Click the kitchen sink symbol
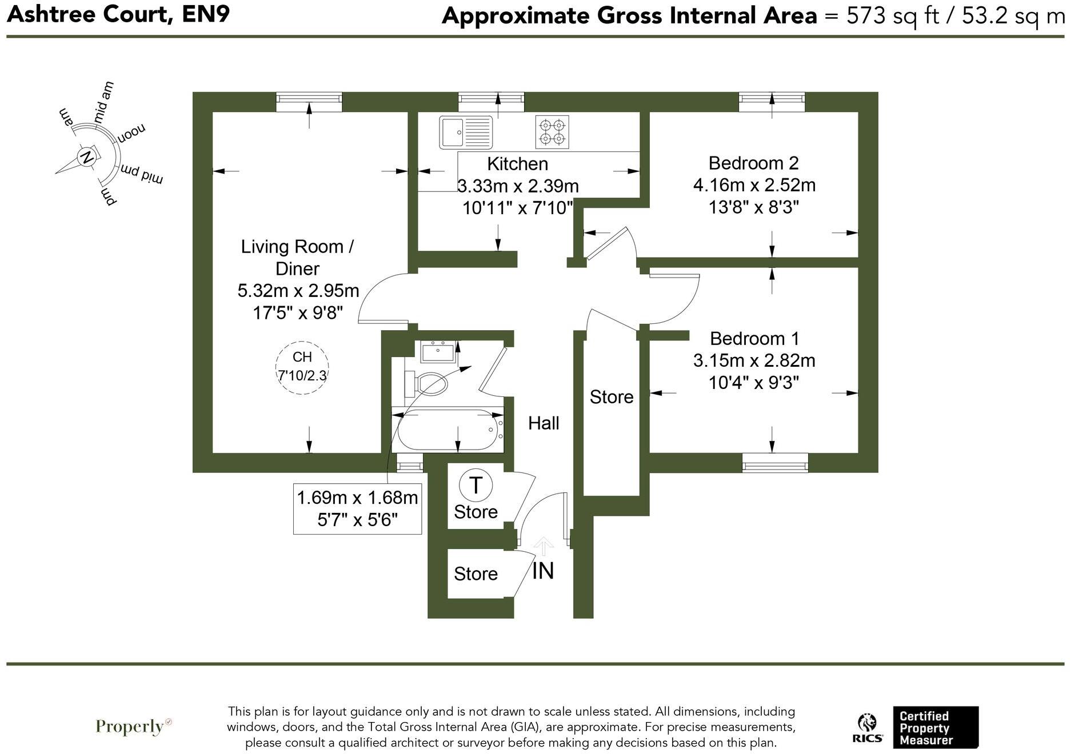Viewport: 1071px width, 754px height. click(x=466, y=132)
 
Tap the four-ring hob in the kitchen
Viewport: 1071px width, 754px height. click(x=552, y=132)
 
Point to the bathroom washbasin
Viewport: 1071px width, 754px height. click(x=438, y=352)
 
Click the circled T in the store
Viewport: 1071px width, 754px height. click(x=475, y=486)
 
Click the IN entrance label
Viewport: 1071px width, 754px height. click(x=543, y=571)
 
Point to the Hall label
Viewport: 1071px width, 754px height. click(x=544, y=423)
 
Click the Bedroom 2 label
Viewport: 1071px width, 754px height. click(x=753, y=163)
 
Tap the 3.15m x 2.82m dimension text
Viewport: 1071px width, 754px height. click(x=754, y=360)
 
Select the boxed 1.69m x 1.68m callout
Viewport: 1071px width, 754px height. click(x=357, y=508)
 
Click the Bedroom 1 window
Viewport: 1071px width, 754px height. click(x=775, y=463)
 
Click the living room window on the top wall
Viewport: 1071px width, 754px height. click(x=309, y=102)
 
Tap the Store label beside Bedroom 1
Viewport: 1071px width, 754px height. click(x=612, y=397)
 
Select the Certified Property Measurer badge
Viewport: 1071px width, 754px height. click(x=936, y=728)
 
